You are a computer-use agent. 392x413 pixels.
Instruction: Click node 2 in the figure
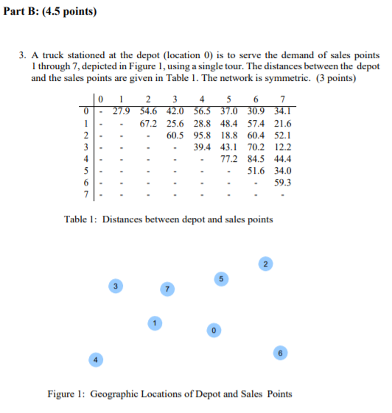pos(265,263)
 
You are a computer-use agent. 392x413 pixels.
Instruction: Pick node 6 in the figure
pos(280,353)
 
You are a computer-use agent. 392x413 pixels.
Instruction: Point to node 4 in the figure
pos(94,359)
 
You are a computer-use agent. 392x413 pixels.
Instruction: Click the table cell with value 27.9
pos(122,111)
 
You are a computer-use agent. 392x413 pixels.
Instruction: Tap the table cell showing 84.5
pos(256,158)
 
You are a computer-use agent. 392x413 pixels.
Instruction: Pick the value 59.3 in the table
pos(281,183)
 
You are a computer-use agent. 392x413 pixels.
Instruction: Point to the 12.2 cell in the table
pos(281,147)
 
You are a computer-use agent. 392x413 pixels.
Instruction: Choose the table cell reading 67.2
pos(149,123)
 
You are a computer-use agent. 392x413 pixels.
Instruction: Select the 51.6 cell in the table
pos(256,171)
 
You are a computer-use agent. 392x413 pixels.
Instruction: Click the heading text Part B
pos(40,12)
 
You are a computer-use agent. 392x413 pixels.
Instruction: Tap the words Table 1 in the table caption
pos(80,219)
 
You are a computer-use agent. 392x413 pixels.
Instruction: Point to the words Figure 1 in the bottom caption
pos(67,394)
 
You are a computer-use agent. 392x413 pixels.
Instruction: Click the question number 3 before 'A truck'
pos(24,55)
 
